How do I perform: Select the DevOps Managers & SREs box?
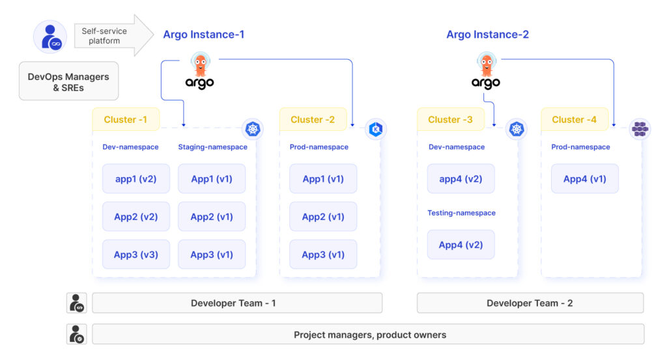point(68,81)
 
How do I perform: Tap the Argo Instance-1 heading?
point(203,35)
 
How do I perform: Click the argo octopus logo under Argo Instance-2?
point(486,71)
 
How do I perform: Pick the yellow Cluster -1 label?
point(125,120)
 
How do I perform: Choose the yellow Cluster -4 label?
point(574,120)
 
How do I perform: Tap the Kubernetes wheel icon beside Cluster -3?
point(517,129)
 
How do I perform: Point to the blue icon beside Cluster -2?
point(376,129)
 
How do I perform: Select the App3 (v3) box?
point(135,255)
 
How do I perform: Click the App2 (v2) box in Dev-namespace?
point(135,217)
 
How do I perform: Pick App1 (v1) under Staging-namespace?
point(212,179)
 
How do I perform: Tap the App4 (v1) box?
point(584,179)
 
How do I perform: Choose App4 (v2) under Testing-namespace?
point(461,245)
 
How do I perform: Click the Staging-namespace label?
point(212,147)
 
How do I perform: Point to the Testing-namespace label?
point(461,213)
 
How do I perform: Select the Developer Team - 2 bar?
point(530,303)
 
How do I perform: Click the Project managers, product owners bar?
point(369,335)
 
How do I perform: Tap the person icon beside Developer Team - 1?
point(77,303)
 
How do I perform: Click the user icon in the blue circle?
point(50,36)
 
